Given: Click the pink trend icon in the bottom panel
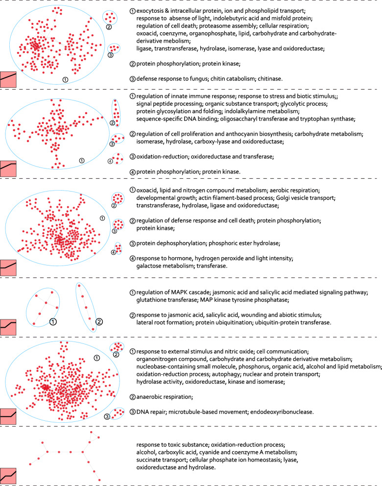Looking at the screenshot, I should tap(8, 475).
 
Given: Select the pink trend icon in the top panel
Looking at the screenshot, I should tap(8, 80).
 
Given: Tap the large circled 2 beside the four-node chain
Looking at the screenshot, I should tap(98, 322).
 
